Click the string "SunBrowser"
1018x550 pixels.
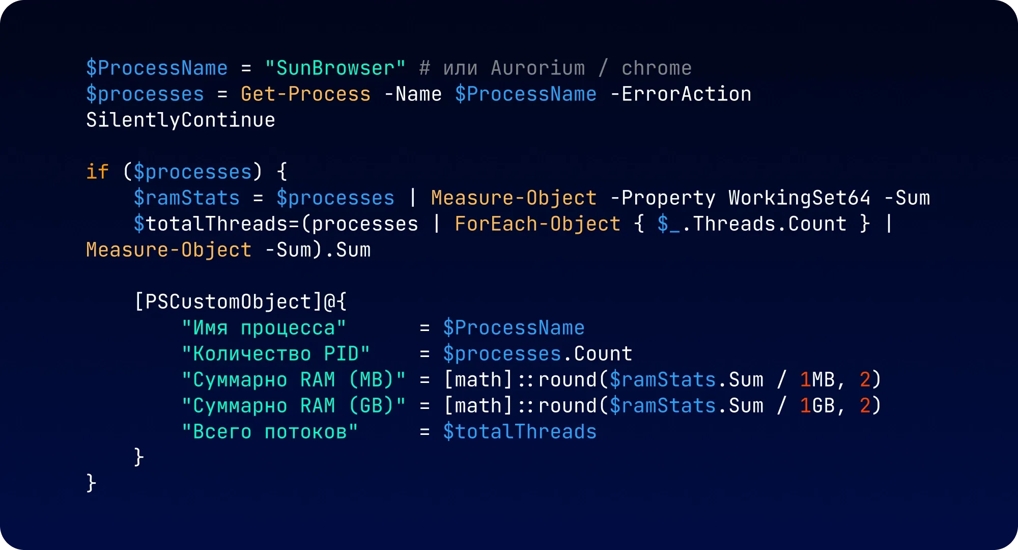(x=335, y=68)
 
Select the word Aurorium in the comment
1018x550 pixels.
(x=538, y=68)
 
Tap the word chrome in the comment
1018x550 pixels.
(x=657, y=68)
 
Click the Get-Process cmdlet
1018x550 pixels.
(x=305, y=94)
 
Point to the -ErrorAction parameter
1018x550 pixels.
(x=681, y=94)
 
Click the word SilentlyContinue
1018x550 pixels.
(x=181, y=120)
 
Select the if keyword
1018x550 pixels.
(x=97, y=172)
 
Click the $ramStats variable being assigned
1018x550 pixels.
(x=186, y=198)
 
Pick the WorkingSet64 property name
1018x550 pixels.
(x=799, y=198)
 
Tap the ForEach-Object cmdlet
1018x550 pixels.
(x=538, y=224)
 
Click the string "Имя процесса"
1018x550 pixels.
(x=264, y=328)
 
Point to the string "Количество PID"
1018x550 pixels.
(x=276, y=354)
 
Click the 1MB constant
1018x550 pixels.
(x=817, y=380)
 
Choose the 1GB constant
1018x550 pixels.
(x=817, y=406)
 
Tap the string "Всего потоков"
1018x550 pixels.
(x=270, y=432)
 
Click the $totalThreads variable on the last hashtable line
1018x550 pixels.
(x=519, y=432)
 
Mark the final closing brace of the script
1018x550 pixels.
(x=91, y=483)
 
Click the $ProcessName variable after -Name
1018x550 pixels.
(x=526, y=94)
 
